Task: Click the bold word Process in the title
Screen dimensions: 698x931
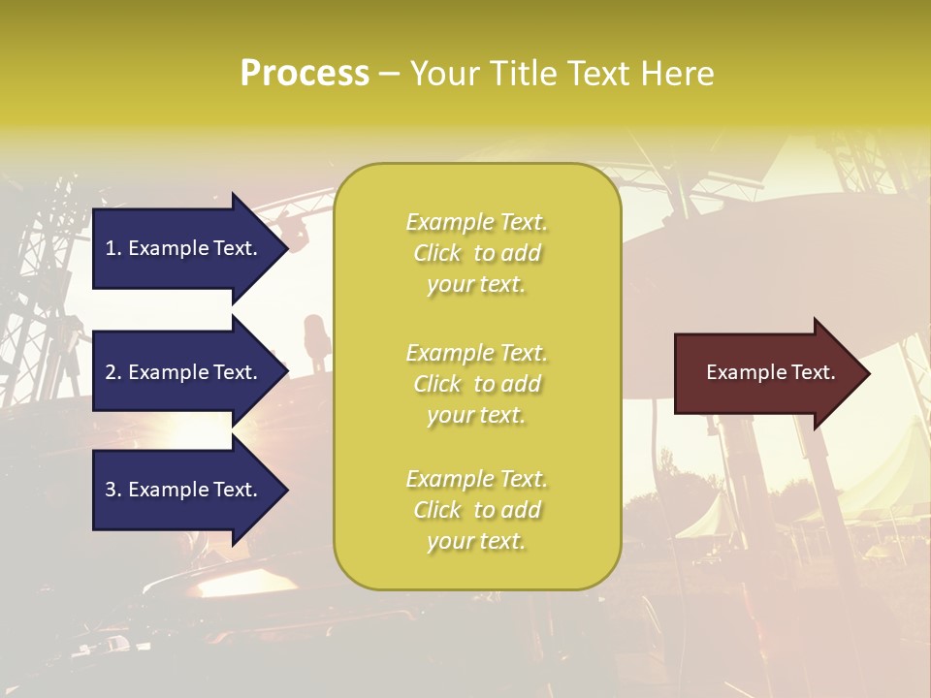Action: tap(305, 73)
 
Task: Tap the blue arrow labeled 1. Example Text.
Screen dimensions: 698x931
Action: tap(179, 248)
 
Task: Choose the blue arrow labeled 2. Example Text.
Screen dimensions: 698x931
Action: tap(179, 372)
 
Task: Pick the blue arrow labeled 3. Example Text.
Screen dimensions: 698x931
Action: tap(179, 490)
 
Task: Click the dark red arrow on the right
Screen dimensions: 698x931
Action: tap(766, 373)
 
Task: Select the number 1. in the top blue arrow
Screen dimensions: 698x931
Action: tap(112, 248)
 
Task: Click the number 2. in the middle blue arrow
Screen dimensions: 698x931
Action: tap(112, 372)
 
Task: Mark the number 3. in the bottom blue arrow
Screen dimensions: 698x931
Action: tap(112, 490)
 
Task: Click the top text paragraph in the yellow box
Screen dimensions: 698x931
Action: tap(476, 253)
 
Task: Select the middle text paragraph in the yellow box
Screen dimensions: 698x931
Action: tap(476, 384)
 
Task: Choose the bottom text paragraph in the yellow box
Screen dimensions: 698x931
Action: tap(476, 510)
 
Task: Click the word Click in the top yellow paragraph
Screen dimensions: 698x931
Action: tap(437, 253)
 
